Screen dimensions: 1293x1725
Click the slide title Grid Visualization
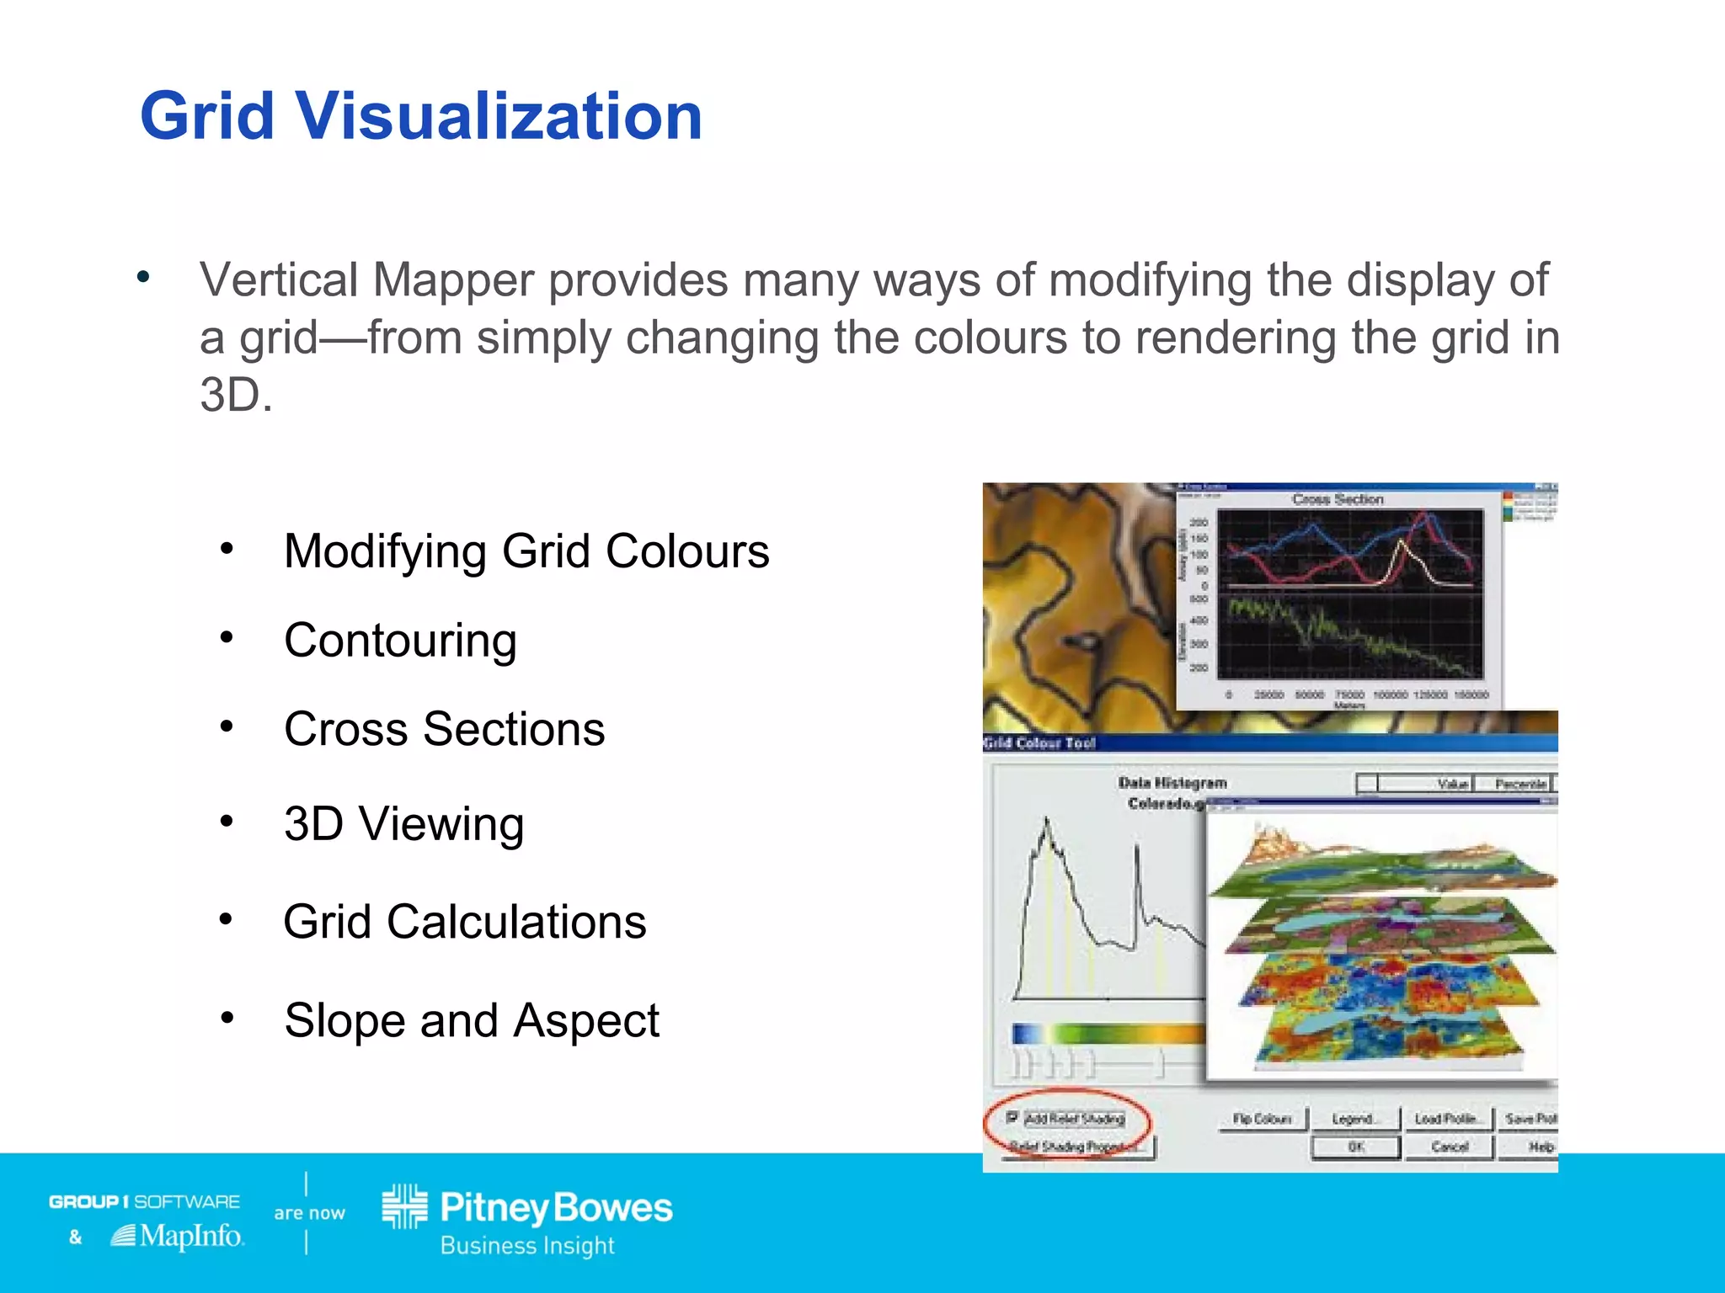coord(421,116)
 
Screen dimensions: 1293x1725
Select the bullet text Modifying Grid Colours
coord(526,551)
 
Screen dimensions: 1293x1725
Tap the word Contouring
coord(400,641)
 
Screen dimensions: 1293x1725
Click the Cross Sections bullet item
coord(444,729)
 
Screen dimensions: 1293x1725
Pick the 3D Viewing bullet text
coord(403,823)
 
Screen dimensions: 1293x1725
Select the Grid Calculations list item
coord(464,922)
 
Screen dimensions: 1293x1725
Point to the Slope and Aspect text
coord(472,1020)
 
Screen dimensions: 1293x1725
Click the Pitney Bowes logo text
coord(556,1209)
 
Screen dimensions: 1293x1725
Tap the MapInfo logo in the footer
coord(179,1237)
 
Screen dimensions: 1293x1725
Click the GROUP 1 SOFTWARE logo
coord(144,1201)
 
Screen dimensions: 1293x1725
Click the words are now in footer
coord(309,1213)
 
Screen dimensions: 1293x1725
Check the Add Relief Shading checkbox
coord(1012,1118)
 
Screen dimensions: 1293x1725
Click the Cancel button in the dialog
coord(1449,1147)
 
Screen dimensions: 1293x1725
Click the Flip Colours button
coord(1262,1119)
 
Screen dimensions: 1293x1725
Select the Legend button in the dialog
coord(1354,1119)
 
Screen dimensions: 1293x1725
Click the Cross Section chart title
coord(1338,499)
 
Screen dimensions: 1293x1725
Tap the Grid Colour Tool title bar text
coord(1040,742)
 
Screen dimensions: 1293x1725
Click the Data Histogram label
coord(1172,783)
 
